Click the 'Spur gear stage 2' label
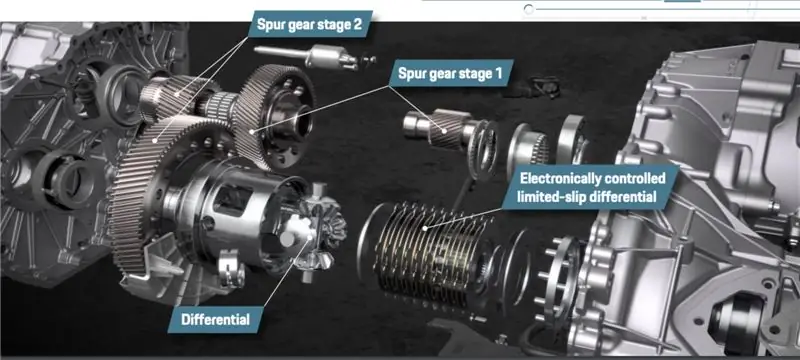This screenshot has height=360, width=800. (x=309, y=24)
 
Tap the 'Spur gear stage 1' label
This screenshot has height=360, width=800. (x=451, y=73)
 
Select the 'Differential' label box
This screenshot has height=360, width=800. (x=215, y=320)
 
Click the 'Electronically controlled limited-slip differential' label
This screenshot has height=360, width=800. (x=591, y=187)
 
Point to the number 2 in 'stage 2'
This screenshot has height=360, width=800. (x=357, y=24)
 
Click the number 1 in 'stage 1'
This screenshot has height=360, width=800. (x=498, y=73)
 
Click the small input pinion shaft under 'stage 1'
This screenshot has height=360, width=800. (x=439, y=130)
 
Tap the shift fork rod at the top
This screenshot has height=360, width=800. (x=315, y=56)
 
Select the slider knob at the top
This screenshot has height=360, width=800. (x=529, y=9)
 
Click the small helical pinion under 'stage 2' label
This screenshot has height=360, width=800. (x=173, y=97)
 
